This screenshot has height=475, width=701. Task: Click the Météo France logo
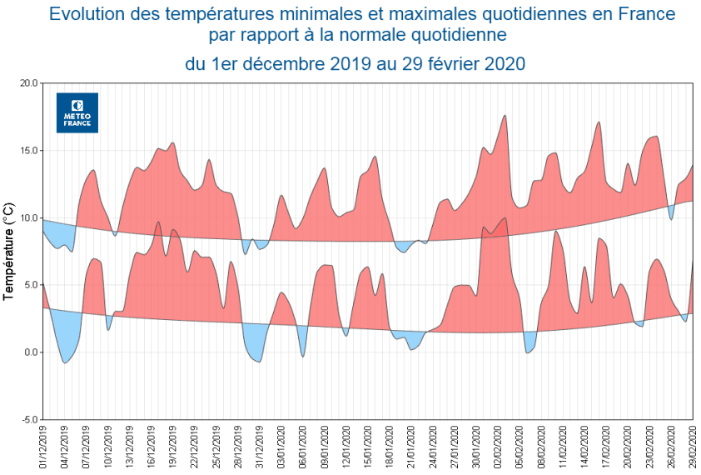77,112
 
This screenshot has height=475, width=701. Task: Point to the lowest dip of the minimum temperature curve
65,363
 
